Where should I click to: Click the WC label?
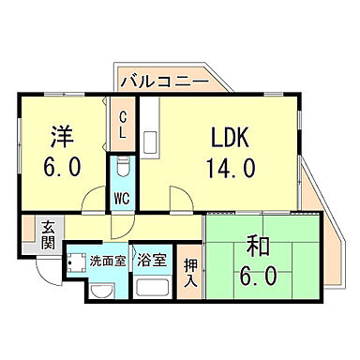[x=122, y=198]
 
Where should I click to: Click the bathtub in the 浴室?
[x=150, y=287]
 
